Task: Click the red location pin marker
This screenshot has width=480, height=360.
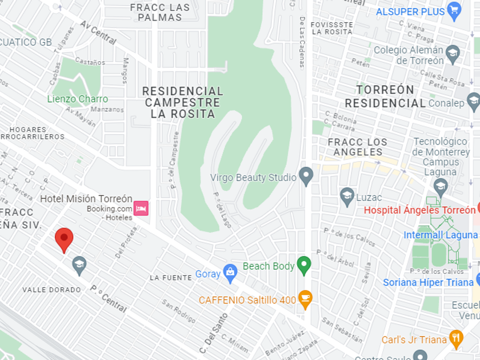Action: point(64,239)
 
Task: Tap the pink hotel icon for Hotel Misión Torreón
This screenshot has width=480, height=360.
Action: point(141,208)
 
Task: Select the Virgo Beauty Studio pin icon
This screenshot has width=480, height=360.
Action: point(306,177)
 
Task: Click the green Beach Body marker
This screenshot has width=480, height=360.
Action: point(304,265)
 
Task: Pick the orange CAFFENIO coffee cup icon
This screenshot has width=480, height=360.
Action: point(305,299)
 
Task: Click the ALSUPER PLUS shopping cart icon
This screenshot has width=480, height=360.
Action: point(454,10)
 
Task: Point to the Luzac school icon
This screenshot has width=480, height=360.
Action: point(347,197)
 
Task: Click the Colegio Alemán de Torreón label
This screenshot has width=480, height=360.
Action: point(408,55)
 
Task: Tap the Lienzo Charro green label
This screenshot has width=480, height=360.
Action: point(77,99)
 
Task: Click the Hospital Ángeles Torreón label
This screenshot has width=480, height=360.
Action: point(415,210)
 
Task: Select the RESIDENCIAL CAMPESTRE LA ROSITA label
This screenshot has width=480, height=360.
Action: point(182,102)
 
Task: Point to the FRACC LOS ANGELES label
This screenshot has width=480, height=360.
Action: point(358,147)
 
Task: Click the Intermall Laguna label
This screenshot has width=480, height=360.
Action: point(440,235)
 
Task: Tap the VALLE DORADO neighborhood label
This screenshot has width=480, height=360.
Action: point(51,290)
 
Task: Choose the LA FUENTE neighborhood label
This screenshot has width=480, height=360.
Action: point(171,278)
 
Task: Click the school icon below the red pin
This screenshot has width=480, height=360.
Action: point(79,265)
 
